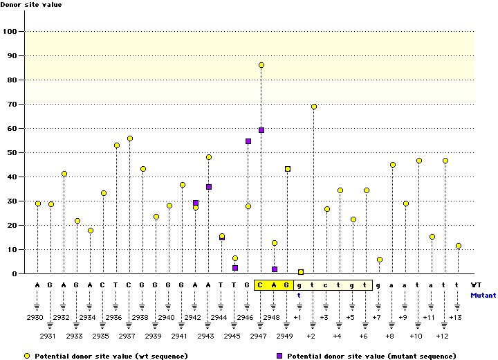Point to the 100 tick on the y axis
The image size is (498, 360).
[x=11, y=32]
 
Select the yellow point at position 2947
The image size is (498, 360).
[x=261, y=65]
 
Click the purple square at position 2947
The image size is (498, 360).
[x=261, y=130]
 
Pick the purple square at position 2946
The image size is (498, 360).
[x=248, y=141]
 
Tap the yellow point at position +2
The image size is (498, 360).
[x=314, y=107]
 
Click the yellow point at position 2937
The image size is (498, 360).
[x=130, y=138]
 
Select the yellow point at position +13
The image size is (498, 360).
[x=458, y=246]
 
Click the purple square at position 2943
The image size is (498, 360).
[x=209, y=187]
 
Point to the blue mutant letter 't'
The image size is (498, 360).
[x=300, y=294]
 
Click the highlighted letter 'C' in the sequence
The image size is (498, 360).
[x=261, y=285]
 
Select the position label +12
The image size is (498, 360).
[x=443, y=336]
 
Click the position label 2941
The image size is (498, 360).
[x=180, y=336]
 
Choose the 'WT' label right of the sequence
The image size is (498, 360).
[x=477, y=285]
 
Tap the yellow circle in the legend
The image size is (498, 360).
[x=28, y=355]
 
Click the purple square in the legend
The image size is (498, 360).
[x=279, y=355]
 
